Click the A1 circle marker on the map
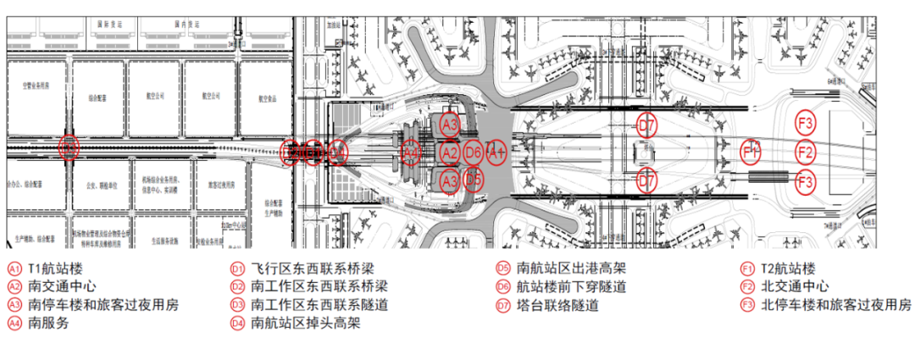point(496,152)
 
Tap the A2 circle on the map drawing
point(450,152)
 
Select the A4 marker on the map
point(411,152)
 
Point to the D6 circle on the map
point(474,152)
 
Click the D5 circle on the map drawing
point(474,180)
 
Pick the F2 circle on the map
point(806,152)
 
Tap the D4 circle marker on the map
point(337,152)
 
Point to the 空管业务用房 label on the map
point(36,85)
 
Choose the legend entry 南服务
point(47,323)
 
